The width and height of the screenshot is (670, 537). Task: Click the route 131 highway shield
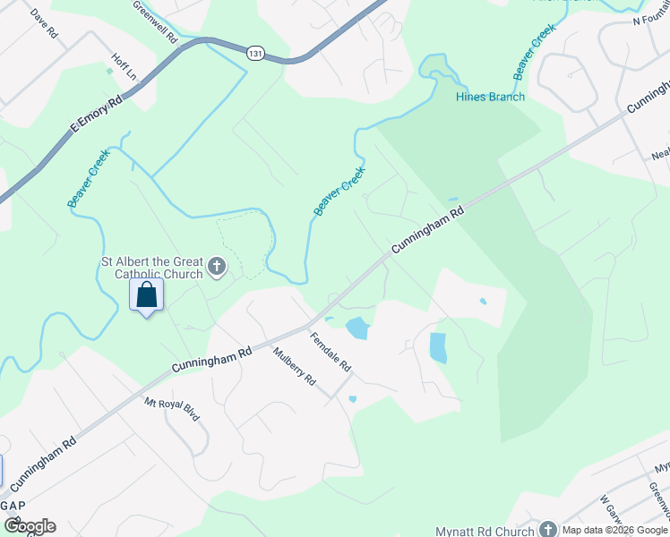[x=254, y=54]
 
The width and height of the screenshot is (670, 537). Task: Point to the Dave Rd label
[x=44, y=23]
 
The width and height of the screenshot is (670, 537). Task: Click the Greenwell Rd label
[x=155, y=22]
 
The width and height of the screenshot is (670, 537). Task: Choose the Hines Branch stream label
[x=490, y=97]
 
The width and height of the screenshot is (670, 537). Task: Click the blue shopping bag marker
[x=146, y=294]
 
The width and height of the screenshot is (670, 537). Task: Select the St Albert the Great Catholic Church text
[x=150, y=268]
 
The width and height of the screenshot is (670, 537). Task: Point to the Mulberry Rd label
[x=295, y=366]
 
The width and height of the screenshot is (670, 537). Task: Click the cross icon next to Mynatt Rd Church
[x=547, y=530]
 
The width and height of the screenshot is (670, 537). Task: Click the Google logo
[x=30, y=526]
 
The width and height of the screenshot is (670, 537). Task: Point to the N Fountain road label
[x=650, y=20]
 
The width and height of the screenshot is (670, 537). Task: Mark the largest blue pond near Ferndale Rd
[x=356, y=328]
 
